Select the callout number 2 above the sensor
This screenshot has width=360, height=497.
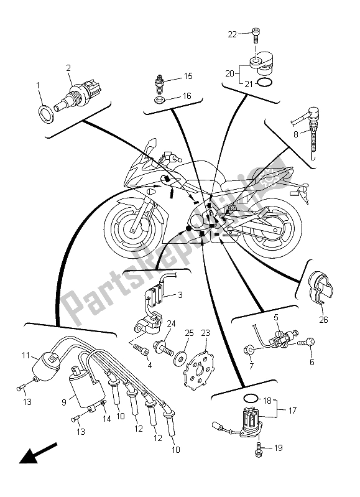[68, 67]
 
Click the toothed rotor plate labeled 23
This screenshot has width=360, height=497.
[203, 364]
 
